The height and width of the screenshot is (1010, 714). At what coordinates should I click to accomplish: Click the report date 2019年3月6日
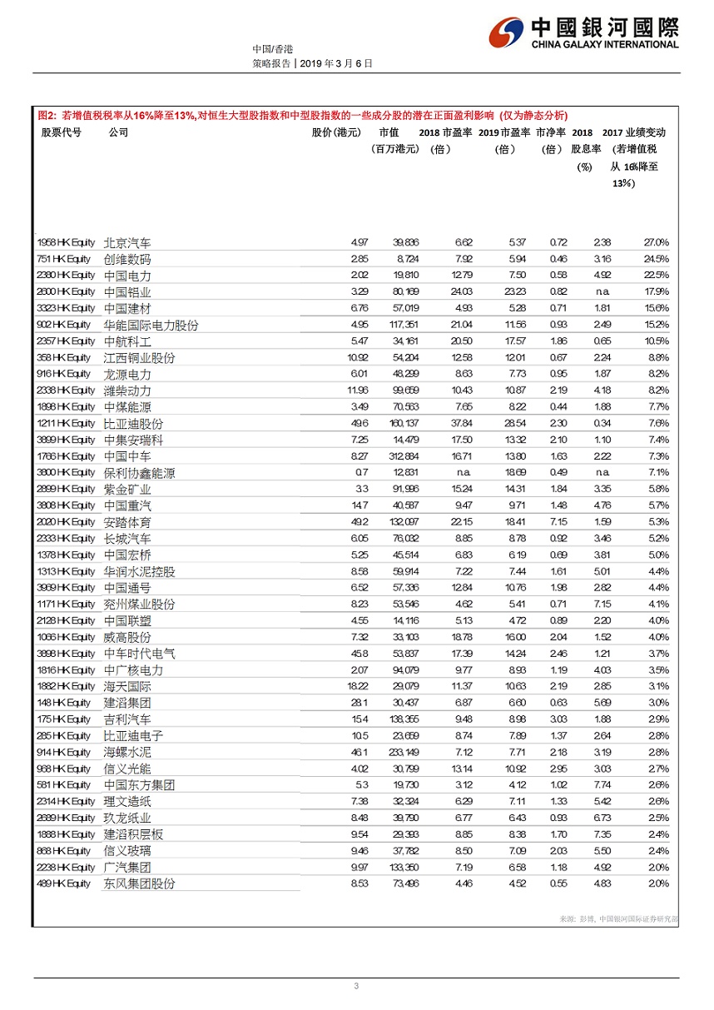pos(336,62)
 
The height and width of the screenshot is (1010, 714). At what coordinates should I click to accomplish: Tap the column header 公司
pos(118,132)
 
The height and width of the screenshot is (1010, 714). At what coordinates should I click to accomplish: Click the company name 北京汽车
pos(127,243)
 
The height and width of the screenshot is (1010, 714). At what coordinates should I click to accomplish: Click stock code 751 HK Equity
pos(64,259)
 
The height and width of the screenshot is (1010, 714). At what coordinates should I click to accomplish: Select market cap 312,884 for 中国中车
pos(403,456)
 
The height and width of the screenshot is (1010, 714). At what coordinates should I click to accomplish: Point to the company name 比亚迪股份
pos(133,424)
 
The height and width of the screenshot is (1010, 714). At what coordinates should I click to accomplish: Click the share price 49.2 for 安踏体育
pos(359,522)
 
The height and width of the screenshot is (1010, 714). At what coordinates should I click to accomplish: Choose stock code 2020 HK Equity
pos(67,522)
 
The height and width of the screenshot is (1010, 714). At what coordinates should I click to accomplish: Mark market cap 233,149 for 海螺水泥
pos(403,752)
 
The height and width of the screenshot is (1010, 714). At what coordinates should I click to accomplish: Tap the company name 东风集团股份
pos(139,884)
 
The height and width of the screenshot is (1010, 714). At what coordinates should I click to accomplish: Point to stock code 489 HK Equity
pos(64,883)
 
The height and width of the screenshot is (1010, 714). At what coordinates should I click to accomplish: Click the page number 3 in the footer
pos(356,987)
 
